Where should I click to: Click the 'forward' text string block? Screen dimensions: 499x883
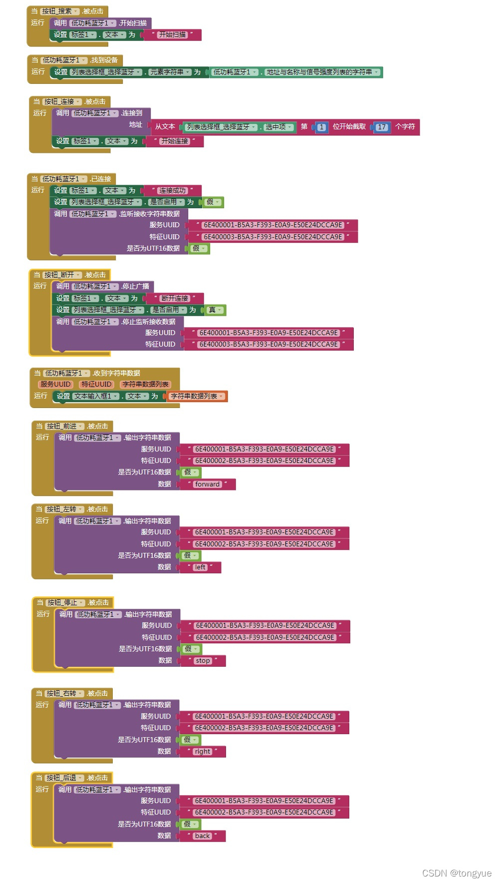[208, 484]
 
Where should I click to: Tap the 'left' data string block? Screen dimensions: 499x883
[200, 567]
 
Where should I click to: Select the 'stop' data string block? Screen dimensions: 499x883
[203, 661]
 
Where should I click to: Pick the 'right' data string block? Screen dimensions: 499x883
[203, 752]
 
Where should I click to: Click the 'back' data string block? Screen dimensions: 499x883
[203, 836]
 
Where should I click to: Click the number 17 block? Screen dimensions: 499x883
[382, 127]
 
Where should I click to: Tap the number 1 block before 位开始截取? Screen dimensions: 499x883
[321, 127]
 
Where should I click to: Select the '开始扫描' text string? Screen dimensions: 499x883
[172, 35]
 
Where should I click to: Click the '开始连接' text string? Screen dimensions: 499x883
[175, 141]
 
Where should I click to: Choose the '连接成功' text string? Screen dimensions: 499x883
[172, 191]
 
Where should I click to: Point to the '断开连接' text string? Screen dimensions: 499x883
[175, 299]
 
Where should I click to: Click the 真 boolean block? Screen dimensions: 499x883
[214, 310]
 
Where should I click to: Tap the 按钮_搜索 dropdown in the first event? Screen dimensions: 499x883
[59, 11]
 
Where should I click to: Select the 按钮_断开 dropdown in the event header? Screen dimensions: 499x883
[62, 275]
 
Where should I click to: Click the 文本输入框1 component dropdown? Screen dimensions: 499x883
[96, 397]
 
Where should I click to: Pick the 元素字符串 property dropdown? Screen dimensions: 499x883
[170, 72]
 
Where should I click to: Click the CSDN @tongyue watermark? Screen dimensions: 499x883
[457, 873]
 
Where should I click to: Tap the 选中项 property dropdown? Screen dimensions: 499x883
[278, 127]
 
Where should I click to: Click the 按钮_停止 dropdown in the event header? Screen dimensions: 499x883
[65, 603]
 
